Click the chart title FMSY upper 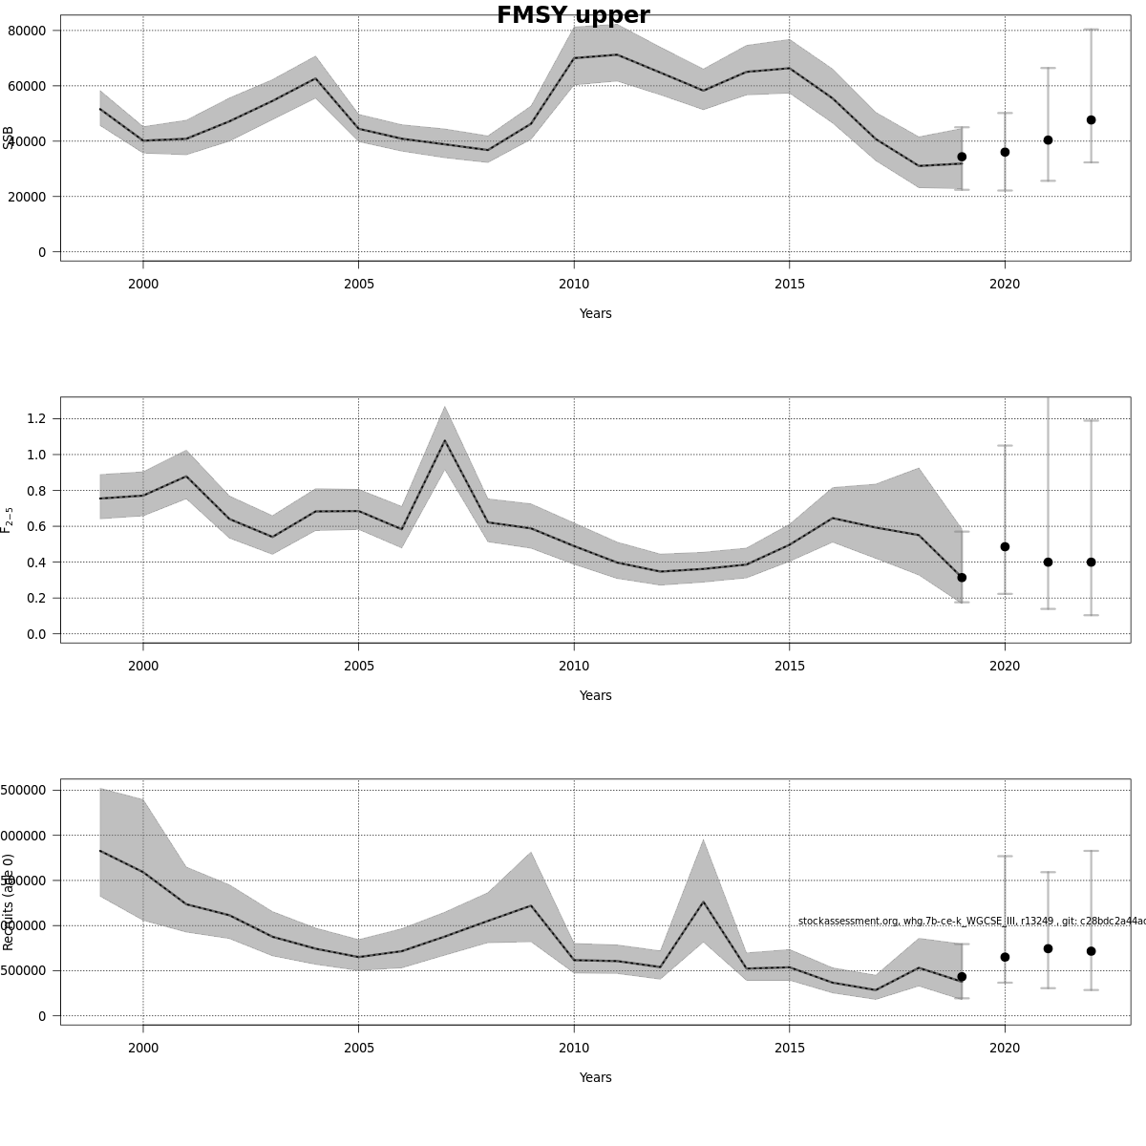tap(573, 16)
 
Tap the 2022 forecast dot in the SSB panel tap(1091, 120)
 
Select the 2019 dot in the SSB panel tap(962, 157)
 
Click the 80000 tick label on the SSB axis tap(27, 31)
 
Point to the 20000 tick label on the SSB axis tap(27, 197)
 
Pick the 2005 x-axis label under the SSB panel tap(358, 284)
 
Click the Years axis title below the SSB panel tap(595, 313)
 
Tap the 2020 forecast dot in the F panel tap(1005, 547)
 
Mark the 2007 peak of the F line tap(444, 440)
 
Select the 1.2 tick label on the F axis tap(36, 418)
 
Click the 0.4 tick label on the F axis tap(36, 562)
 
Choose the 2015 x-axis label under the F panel tap(789, 666)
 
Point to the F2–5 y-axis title tap(8, 520)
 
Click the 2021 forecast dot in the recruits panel tap(1048, 948)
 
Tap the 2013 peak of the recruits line tap(703, 902)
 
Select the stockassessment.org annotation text tap(970, 921)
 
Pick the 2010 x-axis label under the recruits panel tap(574, 1048)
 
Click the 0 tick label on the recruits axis tap(42, 1016)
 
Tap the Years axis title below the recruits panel tap(595, 1077)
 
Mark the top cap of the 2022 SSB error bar tap(1091, 30)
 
